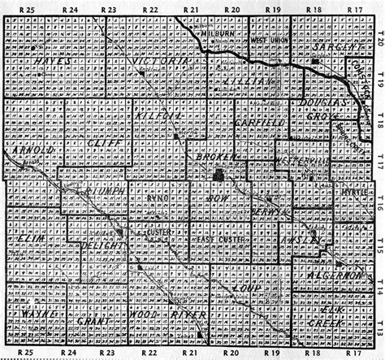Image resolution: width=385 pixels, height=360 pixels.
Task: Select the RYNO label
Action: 158,197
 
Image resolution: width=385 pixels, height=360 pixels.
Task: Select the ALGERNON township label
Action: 334,276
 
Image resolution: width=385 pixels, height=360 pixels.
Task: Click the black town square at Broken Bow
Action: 218,176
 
